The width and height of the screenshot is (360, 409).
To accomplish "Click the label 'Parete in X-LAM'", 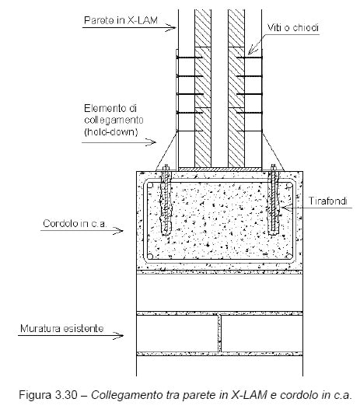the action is pos(121,20).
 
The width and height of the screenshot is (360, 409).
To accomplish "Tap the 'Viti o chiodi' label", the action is pos(293,27).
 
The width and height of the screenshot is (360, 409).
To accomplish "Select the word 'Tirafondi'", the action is pos(328,201).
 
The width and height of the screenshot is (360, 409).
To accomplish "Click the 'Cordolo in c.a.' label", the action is pos(75,223).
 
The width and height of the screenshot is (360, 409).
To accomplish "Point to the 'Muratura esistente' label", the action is pos(62,328).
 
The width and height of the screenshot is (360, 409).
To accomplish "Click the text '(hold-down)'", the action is pos(111,131).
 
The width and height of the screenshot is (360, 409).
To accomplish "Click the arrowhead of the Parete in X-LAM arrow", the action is pos(171,27).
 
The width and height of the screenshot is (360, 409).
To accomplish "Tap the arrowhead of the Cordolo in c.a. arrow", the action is pos(118,231).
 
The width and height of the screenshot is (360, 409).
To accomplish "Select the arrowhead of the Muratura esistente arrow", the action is pos(118,335).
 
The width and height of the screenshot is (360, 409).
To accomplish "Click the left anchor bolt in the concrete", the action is pos(166,200).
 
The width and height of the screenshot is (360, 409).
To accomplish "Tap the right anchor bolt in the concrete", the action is pos(273,200).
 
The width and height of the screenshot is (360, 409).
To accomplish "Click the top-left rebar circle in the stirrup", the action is pos(150,186).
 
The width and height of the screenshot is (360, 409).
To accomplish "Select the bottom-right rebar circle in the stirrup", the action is pos(289,257).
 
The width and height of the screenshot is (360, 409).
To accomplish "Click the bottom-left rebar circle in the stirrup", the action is pos(150,257).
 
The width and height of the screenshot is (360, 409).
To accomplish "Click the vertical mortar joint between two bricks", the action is pos(219,334).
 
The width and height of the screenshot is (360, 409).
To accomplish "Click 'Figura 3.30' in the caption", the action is pos(48,395).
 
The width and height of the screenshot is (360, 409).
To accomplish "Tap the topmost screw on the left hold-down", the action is pos(190,58).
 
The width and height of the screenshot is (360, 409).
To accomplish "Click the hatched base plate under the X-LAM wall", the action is pos(219,170).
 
